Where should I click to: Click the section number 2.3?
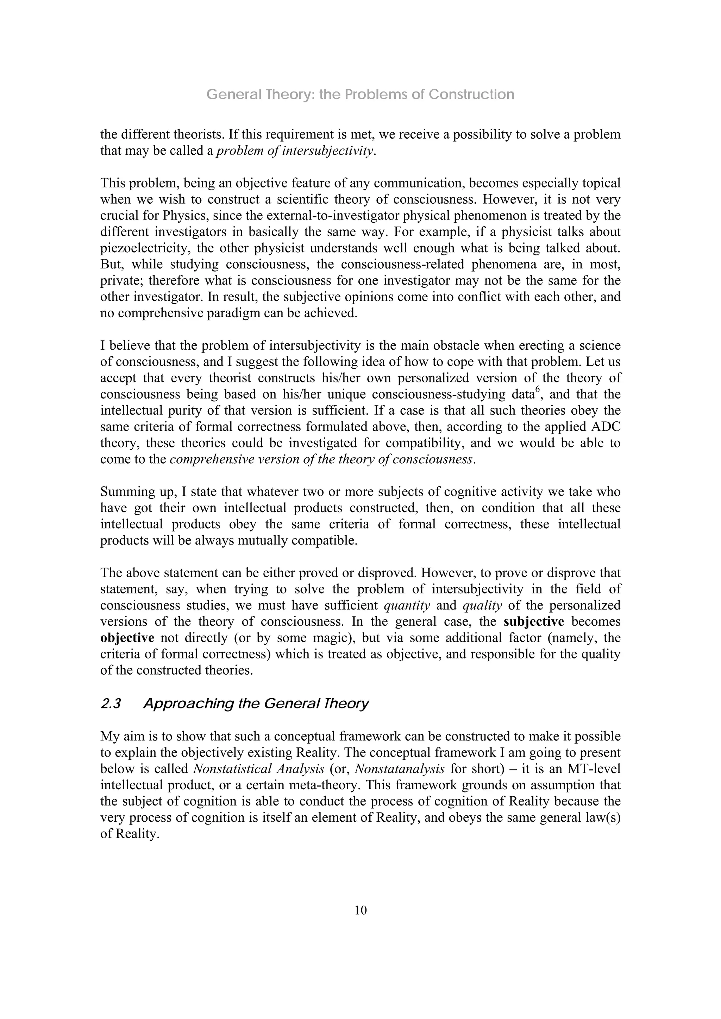(111, 704)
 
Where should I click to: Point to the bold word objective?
(127, 638)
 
